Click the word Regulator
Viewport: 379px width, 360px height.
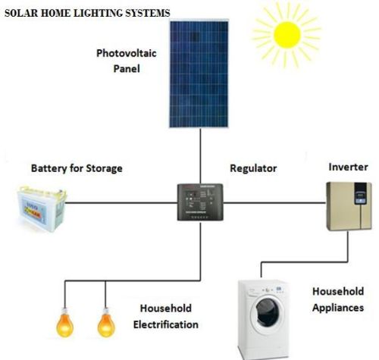254,168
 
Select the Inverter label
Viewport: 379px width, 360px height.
348,166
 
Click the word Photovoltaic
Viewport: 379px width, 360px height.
125,54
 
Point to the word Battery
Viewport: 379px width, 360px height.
49,167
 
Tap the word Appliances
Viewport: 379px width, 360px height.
337,308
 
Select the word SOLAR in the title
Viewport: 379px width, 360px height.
20,13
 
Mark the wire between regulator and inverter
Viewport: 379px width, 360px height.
273,202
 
